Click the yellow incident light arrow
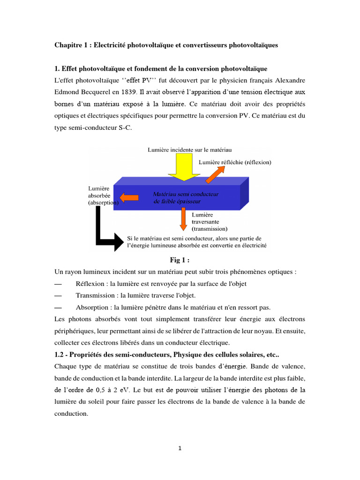tap(185, 167)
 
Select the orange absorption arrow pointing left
tap(127, 196)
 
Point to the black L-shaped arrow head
tap(119, 242)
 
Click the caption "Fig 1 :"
tap(180, 260)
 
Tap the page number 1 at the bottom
tap(180, 448)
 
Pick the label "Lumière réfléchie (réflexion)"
tap(235, 162)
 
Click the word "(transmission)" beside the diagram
tap(210, 229)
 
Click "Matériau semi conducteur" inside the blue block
tap(185, 194)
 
